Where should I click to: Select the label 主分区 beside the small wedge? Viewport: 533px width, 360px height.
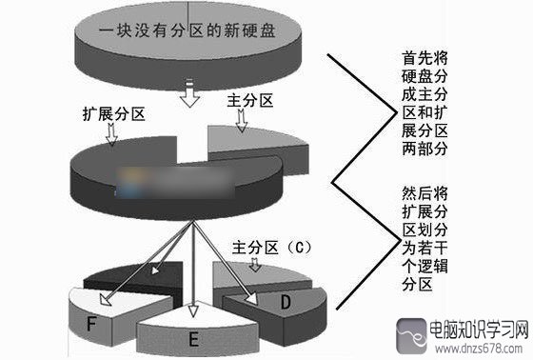[251, 100]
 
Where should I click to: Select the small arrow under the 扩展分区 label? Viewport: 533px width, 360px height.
[112, 136]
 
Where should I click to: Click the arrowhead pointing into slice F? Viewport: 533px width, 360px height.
[106, 304]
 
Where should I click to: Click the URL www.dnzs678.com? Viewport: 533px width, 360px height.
[473, 349]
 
